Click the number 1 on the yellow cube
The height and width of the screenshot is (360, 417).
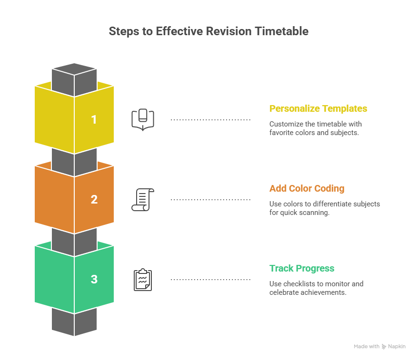[x=94, y=119]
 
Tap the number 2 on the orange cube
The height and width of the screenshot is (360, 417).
[x=94, y=199]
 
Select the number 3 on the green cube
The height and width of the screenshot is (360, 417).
[x=94, y=279]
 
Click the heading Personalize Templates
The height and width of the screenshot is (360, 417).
[x=318, y=108]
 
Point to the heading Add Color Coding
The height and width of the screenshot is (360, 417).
[x=307, y=188]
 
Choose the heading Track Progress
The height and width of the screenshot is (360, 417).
[x=302, y=268]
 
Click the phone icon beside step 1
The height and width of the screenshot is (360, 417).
[x=143, y=119]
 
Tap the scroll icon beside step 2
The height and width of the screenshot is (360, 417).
[x=142, y=199]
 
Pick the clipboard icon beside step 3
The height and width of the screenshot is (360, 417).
[x=143, y=280]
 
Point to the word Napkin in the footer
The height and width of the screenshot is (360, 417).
[x=397, y=347]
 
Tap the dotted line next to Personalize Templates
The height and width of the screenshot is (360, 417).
[x=210, y=120]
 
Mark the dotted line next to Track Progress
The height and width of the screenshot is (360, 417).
[x=210, y=280]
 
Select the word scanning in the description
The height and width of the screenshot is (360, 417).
[x=316, y=213]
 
